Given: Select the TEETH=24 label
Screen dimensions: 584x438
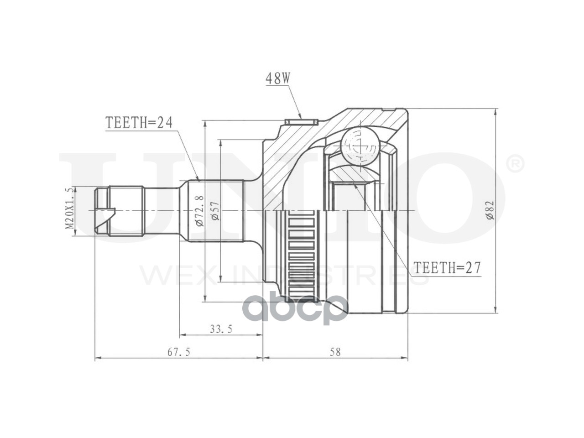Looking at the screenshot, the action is click(x=139, y=122).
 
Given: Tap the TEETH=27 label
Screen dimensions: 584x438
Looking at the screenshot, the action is click(x=448, y=268).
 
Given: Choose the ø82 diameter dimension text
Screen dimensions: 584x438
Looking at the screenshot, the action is click(x=490, y=210).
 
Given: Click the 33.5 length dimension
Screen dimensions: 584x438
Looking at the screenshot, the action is click(x=221, y=329).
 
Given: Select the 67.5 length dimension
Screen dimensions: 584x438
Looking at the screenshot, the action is click(x=179, y=352).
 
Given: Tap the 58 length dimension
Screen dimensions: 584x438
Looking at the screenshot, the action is click(x=335, y=352).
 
